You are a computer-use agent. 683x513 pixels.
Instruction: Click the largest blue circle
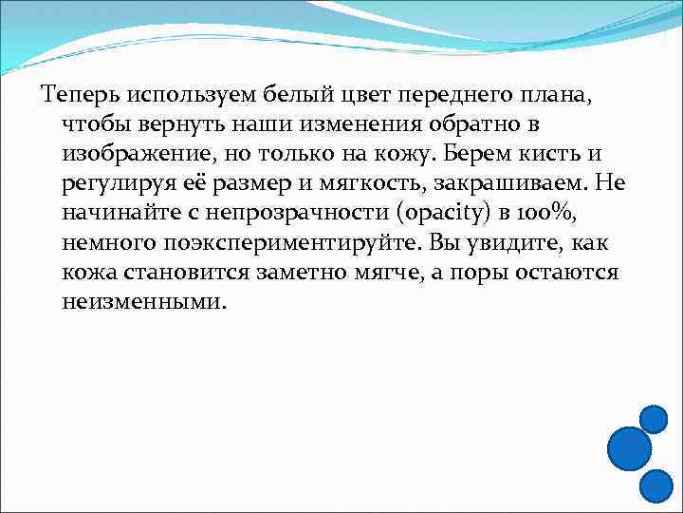[628, 448]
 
